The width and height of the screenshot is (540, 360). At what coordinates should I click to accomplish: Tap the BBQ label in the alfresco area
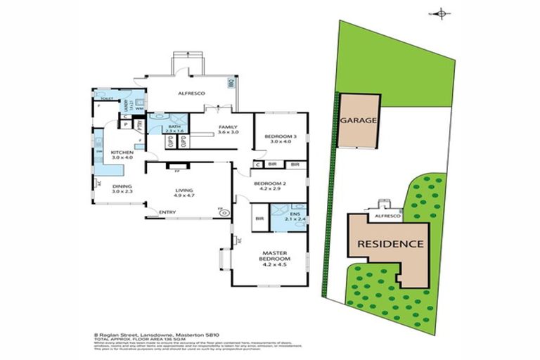(231, 83)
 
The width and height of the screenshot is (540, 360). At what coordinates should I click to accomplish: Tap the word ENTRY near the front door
(167, 213)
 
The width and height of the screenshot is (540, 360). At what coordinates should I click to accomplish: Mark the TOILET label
(106, 99)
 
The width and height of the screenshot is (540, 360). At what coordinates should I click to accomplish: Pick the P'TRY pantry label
(139, 124)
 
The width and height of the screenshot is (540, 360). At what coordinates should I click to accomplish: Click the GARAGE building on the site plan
(359, 120)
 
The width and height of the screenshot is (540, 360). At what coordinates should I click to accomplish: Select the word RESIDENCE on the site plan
(390, 244)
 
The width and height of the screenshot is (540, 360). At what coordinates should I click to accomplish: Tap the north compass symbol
(441, 12)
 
